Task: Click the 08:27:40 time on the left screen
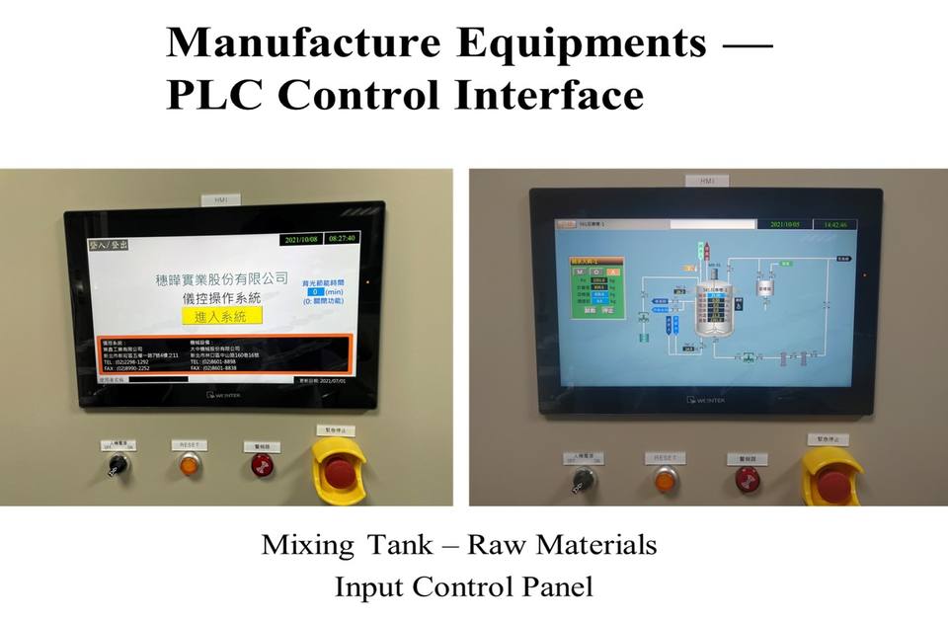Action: tap(342, 239)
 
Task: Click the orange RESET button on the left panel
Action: tap(188, 465)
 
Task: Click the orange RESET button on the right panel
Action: tap(668, 480)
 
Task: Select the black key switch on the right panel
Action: tap(585, 480)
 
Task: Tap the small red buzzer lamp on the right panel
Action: tap(748, 480)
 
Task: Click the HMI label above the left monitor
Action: tap(220, 199)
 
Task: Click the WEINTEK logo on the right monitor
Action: tap(705, 400)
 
